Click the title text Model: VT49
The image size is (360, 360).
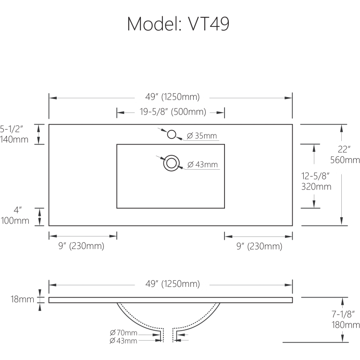tap(178, 23)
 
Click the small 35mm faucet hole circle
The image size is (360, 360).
tap(172, 134)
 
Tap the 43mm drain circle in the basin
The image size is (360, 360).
tap(172, 163)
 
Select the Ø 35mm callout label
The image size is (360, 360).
tap(202, 136)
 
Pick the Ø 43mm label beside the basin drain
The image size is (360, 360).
tap(202, 165)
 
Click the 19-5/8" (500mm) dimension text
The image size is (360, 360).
tap(173, 112)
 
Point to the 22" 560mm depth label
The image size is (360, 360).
tap(345, 154)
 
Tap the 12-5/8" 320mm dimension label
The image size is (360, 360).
tap(316, 181)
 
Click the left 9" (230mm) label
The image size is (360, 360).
tap(81, 247)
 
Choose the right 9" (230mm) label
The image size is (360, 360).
tap(259, 247)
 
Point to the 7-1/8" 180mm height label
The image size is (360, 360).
tap(345, 320)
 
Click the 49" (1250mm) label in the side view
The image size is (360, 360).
tap(173, 284)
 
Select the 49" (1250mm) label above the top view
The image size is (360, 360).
tap(173, 97)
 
